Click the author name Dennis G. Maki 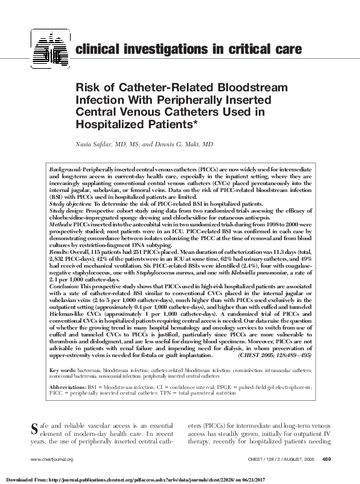[x=188, y=144]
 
